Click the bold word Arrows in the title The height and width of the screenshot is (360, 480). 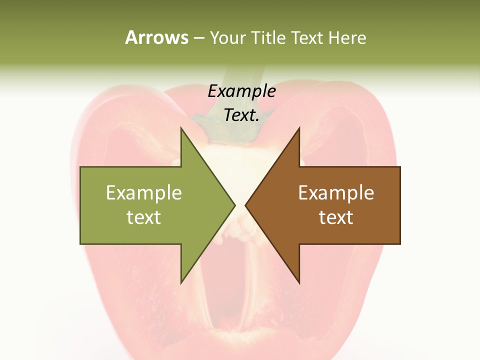pyautogui.click(x=156, y=37)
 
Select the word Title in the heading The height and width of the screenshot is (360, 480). pyautogui.click(x=267, y=37)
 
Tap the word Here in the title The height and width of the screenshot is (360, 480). pyautogui.click(x=347, y=37)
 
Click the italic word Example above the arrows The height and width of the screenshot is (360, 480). pyautogui.click(x=241, y=91)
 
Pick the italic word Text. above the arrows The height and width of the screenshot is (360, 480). pyautogui.click(x=241, y=115)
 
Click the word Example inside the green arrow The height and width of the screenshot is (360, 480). pyautogui.click(x=144, y=193)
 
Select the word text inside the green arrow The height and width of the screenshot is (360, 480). pyautogui.click(x=144, y=217)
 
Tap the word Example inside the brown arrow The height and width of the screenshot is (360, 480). pyautogui.click(x=336, y=193)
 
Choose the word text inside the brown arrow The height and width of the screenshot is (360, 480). pyautogui.click(x=336, y=217)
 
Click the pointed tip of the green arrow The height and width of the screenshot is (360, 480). pyautogui.click(x=234, y=205)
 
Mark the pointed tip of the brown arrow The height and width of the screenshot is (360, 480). pyautogui.click(x=246, y=205)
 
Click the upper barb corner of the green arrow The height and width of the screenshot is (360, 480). pyautogui.click(x=181, y=128)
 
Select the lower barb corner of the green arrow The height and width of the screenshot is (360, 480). pyautogui.click(x=181, y=282)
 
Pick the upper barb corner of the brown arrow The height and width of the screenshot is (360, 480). pyautogui.click(x=299, y=128)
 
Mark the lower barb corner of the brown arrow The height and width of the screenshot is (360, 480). pyautogui.click(x=299, y=282)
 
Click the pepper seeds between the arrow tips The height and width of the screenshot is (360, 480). pyautogui.click(x=241, y=230)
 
